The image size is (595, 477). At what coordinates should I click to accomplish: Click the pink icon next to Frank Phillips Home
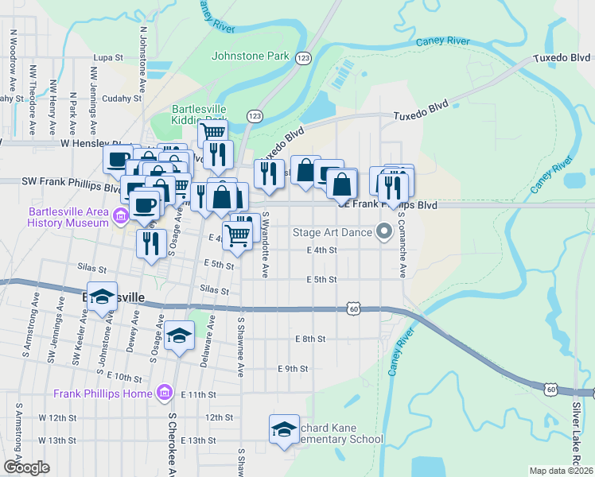pyautogui.click(x=165, y=394)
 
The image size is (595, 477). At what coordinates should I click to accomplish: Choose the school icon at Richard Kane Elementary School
pyautogui.click(x=283, y=429)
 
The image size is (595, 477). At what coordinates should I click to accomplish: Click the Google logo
pyautogui.click(x=26, y=467)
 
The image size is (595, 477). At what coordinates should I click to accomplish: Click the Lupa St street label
pyautogui.click(x=108, y=58)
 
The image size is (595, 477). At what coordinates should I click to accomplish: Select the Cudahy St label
pyautogui.click(x=121, y=99)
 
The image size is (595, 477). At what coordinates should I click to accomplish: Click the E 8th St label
pyautogui.click(x=310, y=339)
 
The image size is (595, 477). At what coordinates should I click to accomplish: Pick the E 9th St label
pyautogui.click(x=292, y=369)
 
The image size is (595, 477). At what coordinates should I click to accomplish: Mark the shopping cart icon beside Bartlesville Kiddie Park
pyautogui.click(x=212, y=132)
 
